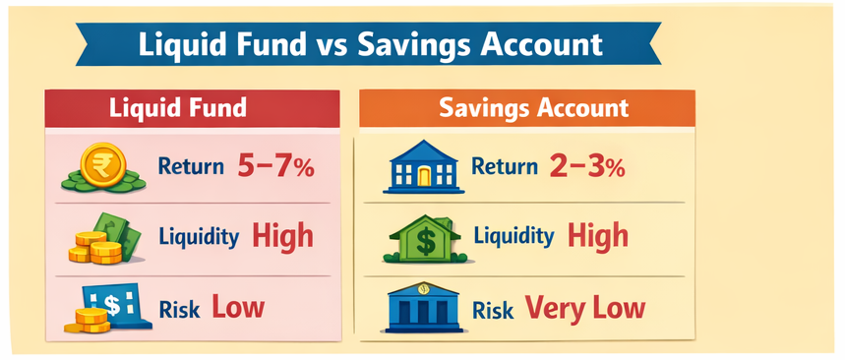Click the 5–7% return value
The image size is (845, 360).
275,166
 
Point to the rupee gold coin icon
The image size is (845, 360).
102,166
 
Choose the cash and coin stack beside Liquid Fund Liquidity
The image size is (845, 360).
101,239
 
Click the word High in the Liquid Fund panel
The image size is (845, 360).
282,236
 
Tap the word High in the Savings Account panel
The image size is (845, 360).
598,236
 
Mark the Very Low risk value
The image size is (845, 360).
584,308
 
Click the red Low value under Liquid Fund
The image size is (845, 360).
238,308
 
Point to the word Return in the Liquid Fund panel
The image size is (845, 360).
191,167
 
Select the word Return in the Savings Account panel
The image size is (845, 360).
505,167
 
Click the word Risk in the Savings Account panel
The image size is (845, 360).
493,310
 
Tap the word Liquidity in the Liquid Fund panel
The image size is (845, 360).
200,238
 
